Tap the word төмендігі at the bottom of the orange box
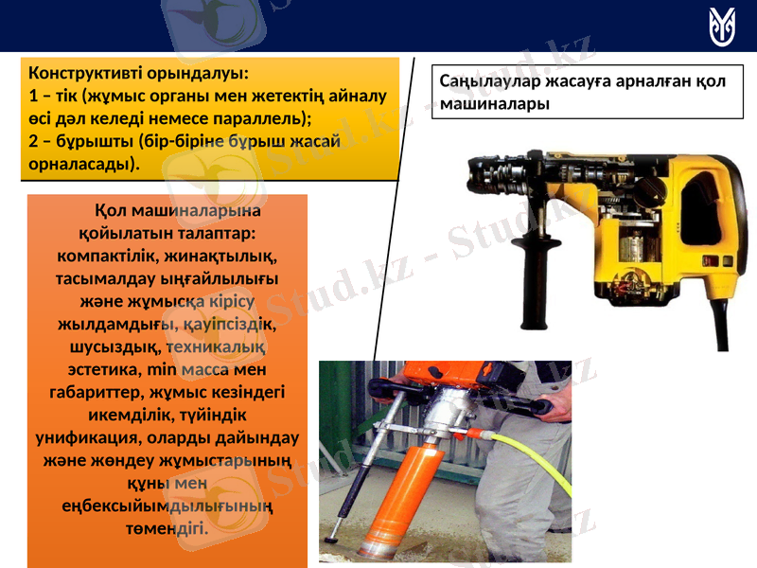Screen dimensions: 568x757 pos(167,527)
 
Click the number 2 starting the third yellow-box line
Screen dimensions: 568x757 pos(34,141)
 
